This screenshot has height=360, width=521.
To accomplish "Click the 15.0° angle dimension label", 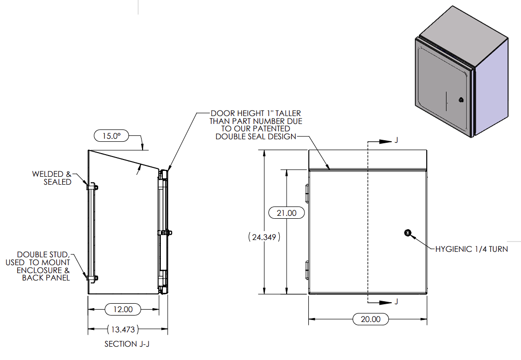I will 111,135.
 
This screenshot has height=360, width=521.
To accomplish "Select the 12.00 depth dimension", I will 123,310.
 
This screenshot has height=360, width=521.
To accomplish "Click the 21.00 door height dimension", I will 286,213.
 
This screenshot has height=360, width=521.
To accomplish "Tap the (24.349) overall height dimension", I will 265,237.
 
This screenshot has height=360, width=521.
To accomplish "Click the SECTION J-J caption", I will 127,344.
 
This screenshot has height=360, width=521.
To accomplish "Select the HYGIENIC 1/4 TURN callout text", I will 471,249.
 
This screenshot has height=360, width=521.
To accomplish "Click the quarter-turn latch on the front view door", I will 408,233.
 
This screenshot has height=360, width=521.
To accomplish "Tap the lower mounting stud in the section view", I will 92,278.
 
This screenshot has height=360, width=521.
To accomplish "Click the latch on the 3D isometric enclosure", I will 461,99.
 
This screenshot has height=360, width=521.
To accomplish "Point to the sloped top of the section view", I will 123,160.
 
